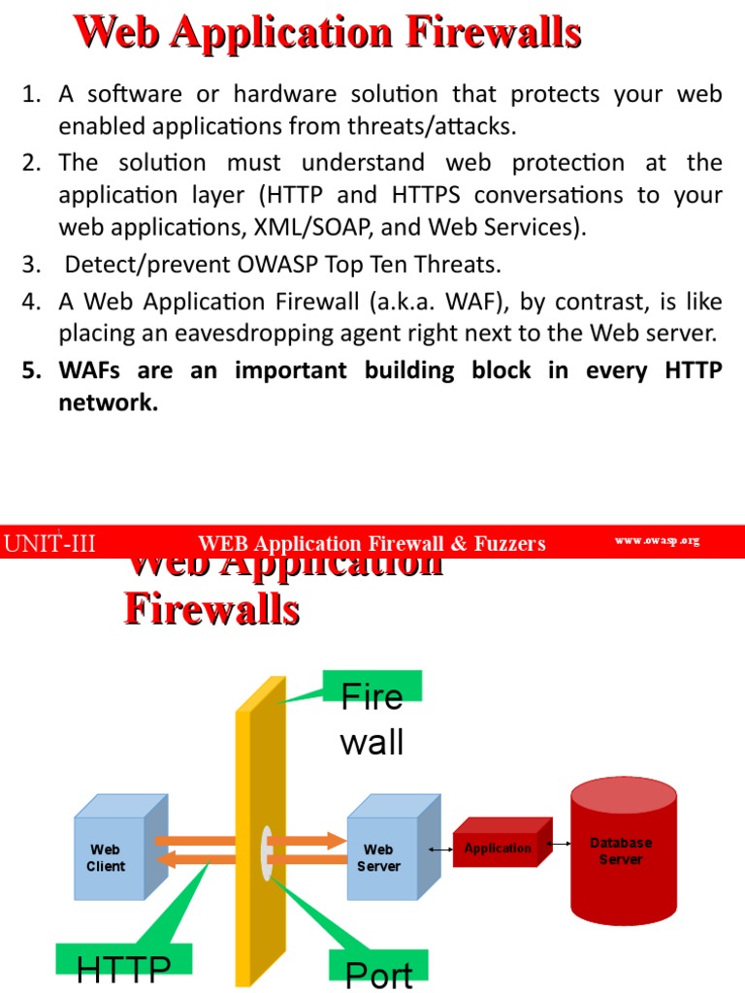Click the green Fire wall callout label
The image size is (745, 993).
pos(372,718)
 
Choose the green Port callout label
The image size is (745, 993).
pos(378,973)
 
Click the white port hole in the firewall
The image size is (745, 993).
pos(267,852)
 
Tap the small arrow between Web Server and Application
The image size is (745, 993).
pos(440,850)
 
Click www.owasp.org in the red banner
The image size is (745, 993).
pos(657,541)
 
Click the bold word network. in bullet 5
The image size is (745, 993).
pos(108,403)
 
